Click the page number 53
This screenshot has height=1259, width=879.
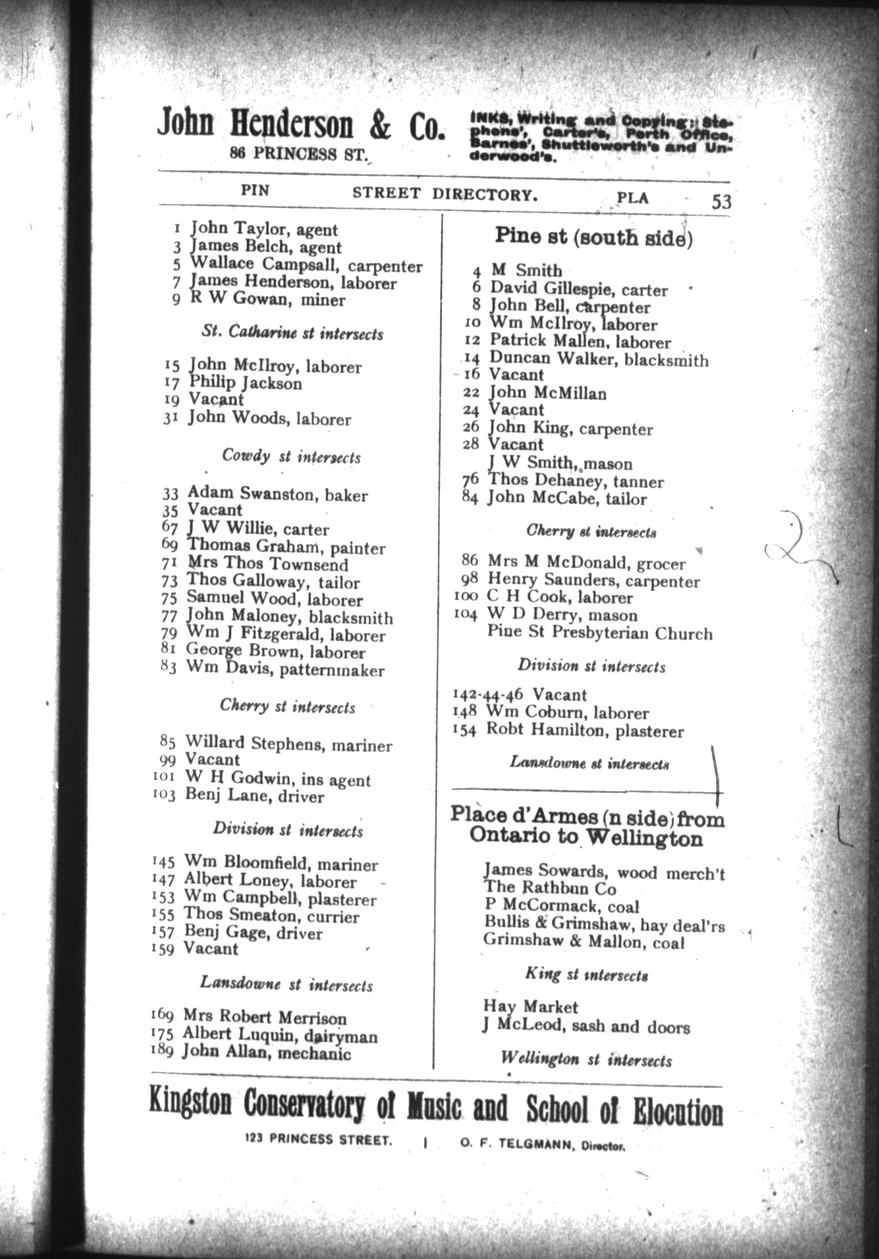click(721, 202)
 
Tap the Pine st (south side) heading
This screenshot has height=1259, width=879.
click(593, 237)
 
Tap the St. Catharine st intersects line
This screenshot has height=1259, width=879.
click(292, 333)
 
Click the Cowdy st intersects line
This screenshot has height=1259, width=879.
click(291, 456)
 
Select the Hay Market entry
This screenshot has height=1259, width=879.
click(530, 1007)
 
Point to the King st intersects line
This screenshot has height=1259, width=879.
click(586, 974)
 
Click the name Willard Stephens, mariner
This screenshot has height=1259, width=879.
click(288, 743)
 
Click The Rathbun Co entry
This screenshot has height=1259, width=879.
click(549, 888)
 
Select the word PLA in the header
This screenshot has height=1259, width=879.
click(633, 198)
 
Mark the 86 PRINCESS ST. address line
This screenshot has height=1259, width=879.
click(298, 153)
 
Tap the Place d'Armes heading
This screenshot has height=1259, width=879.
click(587, 827)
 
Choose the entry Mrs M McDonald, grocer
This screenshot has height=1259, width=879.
click(586, 563)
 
